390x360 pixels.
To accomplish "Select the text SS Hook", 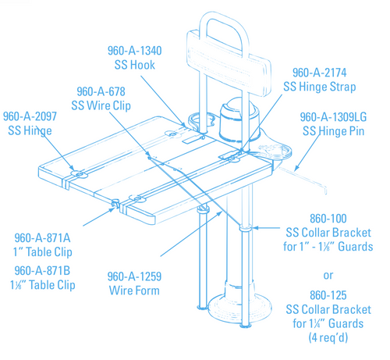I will (134, 64).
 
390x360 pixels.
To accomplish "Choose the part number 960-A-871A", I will (44, 236).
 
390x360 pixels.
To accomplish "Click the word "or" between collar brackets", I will (328, 275).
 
